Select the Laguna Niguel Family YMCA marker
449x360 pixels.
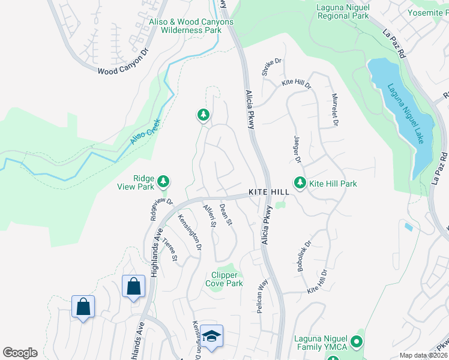point(356,343)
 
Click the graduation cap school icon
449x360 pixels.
point(211,336)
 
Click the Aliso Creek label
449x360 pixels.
point(145,131)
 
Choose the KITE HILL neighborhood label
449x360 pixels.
point(270,192)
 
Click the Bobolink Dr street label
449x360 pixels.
point(304,257)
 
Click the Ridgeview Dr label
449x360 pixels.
point(161,208)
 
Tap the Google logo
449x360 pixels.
point(20,353)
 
